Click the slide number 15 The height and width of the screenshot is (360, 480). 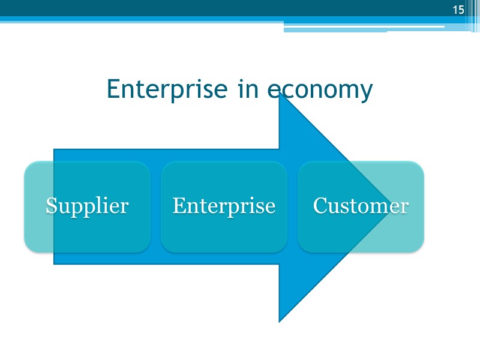click(458, 10)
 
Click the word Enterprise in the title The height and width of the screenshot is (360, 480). click(167, 89)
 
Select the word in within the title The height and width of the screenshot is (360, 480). click(248, 89)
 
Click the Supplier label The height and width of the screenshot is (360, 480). click(87, 206)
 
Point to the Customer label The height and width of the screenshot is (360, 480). click(361, 206)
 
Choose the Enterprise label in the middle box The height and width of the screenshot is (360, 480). click(224, 206)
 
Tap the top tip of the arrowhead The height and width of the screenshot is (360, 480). click(280, 94)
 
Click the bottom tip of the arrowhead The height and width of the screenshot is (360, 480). click(280, 321)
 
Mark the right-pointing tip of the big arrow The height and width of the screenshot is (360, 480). click(389, 207)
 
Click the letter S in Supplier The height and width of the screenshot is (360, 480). click(52, 206)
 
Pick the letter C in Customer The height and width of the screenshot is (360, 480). click(320, 206)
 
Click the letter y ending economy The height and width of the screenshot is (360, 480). click(366, 92)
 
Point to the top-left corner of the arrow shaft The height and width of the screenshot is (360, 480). click(55, 150)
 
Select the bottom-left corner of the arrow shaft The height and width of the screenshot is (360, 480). click(55, 263)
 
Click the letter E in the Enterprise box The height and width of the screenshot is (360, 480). click(178, 206)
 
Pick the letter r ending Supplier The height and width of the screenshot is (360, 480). click(125, 207)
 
